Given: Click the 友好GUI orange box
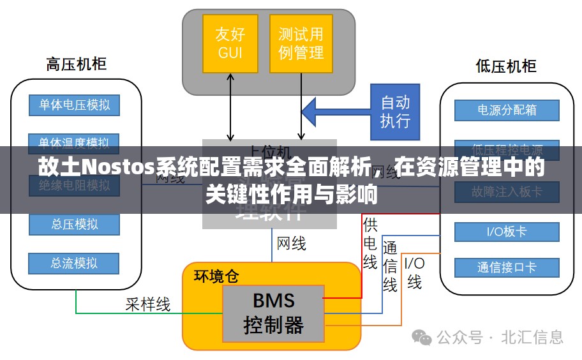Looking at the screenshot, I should pyautogui.click(x=230, y=43).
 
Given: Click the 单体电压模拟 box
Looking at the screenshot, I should pyautogui.click(x=75, y=105).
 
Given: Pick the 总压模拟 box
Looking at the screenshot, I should pyautogui.click(x=75, y=224).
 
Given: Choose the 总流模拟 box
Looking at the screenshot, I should pyautogui.click(x=75, y=263).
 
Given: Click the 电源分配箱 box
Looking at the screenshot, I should pyautogui.click(x=507, y=110).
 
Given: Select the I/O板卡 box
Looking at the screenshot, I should pyautogui.click(x=507, y=232).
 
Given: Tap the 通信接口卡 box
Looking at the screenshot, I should pyautogui.click(x=507, y=267).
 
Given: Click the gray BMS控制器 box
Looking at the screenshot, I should pyautogui.click(x=273, y=313).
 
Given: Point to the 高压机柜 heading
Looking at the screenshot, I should pyautogui.click(x=76, y=64).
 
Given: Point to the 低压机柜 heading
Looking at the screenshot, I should pyautogui.click(x=506, y=66).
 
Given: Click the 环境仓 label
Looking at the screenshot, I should pyautogui.click(x=217, y=276).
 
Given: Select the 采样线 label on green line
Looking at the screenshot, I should pyautogui.click(x=148, y=304).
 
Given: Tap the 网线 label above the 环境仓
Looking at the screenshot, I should pyautogui.click(x=291, y=243).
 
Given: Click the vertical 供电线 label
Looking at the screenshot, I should pyautogui.click(x=370, y=243).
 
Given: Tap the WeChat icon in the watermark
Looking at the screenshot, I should pyautogui.click(x=421, y=337).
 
